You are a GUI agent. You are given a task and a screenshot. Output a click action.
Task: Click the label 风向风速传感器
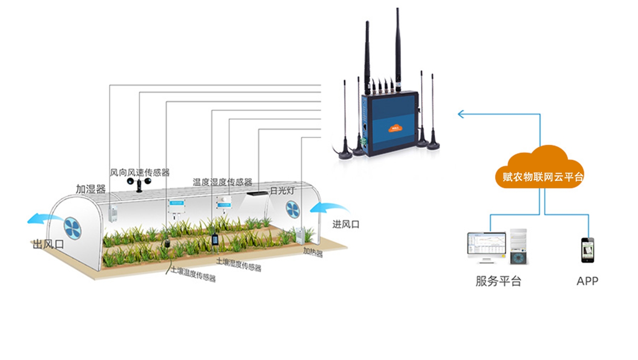pos(140,172)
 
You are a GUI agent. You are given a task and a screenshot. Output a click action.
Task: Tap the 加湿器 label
pos(91,189)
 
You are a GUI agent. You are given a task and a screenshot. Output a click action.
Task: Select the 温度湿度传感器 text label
pos(222,182)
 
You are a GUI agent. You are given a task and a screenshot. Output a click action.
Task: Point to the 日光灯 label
pos(282,191)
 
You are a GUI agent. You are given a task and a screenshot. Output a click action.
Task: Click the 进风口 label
pos(345,224)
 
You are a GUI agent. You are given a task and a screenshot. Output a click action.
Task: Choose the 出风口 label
pos(48,244)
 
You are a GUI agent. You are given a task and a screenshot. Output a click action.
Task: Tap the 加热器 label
pos(313,252)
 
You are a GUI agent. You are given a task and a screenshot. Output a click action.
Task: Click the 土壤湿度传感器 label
pos(239,264)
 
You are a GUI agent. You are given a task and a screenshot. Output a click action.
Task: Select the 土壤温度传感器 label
pos(194,274)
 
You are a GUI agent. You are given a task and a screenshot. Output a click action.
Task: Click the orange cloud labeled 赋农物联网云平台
pos(540,170)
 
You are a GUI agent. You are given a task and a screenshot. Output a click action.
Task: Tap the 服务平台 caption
pos(498,281)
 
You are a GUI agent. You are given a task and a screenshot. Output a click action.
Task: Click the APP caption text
pos(587,281)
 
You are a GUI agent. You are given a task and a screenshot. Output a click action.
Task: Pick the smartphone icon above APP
pos(587,250)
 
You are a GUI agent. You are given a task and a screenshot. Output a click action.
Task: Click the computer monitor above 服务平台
pos(487,246)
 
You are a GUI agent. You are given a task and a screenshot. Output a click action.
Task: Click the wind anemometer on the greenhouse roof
pos(139,183)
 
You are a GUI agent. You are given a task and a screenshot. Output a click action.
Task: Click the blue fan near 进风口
pos(292,209)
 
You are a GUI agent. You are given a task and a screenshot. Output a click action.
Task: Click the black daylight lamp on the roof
pos(257,194)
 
